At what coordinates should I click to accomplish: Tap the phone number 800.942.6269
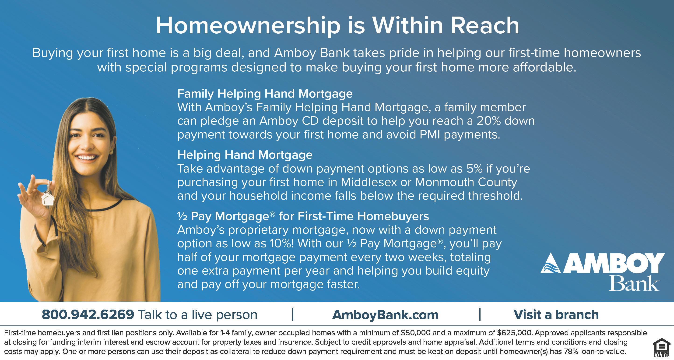(x=88, y=314)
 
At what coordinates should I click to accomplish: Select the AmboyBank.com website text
(x=385, y=315)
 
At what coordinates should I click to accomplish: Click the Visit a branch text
(x=556, y=314)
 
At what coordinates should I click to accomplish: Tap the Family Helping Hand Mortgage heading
(x=265, y=94)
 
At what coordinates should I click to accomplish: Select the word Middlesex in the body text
(x=369, y=182)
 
